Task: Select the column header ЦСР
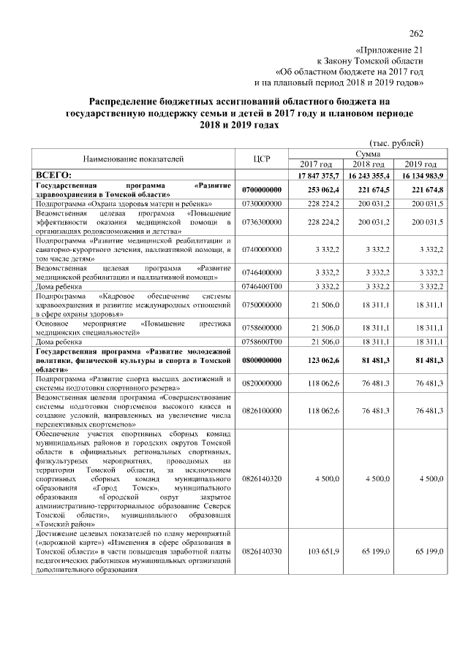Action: click(261, 158)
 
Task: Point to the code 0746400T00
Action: click(261, 286)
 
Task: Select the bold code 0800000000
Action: click(261, 360)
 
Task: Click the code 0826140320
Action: click(261, 478)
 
